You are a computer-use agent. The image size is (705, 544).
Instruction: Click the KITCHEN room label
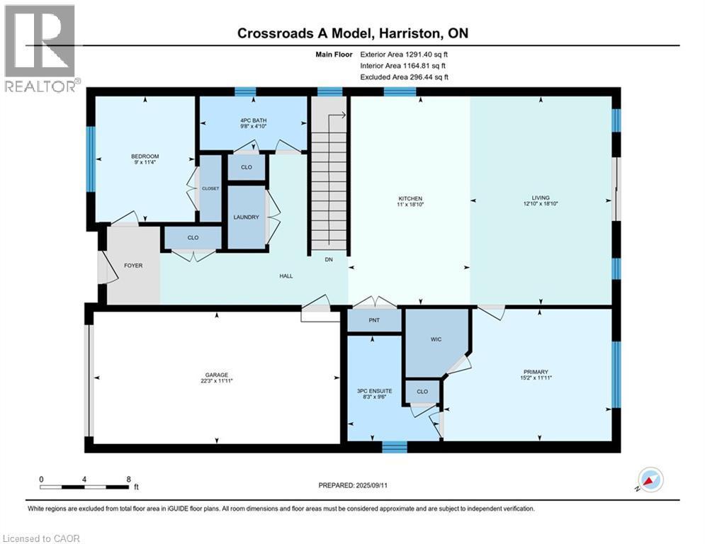coord(410,199)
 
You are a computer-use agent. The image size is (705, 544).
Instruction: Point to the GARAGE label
coord(217,375)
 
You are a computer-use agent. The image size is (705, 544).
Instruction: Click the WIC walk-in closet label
coord(436,339)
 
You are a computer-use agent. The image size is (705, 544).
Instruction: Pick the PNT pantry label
coord(375,320)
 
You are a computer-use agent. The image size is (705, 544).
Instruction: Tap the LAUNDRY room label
coord(246,217)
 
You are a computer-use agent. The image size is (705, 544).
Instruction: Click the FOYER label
coord(133,266)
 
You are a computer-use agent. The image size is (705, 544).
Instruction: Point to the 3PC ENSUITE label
coord(371,392)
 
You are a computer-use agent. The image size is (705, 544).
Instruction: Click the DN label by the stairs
coord(329,260)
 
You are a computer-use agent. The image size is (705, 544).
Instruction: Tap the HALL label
coord(286,276)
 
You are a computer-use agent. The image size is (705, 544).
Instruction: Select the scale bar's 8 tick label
coord(128,479)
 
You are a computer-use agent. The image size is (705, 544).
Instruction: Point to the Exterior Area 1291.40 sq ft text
coord(404,54)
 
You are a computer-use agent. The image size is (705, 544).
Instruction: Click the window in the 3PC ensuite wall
coord(395,446)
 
